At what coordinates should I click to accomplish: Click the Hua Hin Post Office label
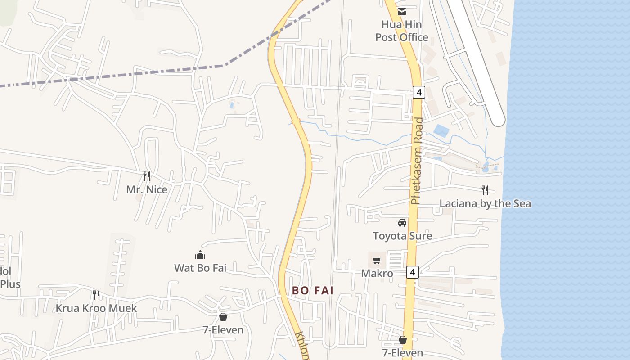[x=401, y=31]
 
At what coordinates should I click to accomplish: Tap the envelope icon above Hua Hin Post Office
[x=401, y=11]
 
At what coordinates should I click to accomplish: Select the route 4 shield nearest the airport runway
[x=418, y=92]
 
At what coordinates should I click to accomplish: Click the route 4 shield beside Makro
[x=413, y=272]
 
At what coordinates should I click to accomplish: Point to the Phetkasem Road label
[x=417, y=161]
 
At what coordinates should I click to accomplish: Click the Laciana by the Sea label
[x=485, y=203]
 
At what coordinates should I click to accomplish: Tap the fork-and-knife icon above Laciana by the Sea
[x=485, y=190]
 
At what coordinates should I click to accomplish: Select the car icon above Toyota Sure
[x=402, y=222]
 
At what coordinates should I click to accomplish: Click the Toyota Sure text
[x=402, y=236]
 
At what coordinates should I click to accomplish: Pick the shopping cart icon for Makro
[x=377, y=260]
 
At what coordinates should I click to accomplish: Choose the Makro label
[x=377, y=274]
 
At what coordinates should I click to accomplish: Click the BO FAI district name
[x=313, y=291]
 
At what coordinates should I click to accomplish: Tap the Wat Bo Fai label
[x=200, y=268]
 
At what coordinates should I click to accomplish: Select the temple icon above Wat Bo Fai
[x=200, y=255]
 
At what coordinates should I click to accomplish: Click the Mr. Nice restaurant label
[x=147, y=189]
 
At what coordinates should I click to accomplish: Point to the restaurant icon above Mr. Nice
[x=147, y=176]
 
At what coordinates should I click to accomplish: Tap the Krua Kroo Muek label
[x=96, y=308]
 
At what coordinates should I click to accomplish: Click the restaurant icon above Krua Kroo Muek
[x=96, y=295]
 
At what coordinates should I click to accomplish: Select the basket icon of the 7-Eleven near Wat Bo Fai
[x=223, y=317]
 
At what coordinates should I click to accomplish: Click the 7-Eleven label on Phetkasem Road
[x=402, y=353]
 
